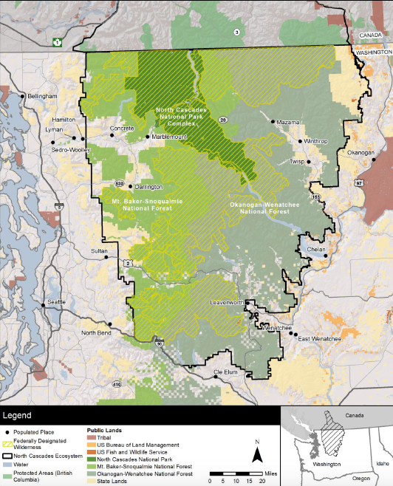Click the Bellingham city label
click(x=43, y=97)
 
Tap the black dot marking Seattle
click(x=44, y=303)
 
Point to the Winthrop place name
click(x=315, y=141)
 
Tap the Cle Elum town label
click(x=228, y=372)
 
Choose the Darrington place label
click(x=148, y=187)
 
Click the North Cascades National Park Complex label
click(x=177, y=116)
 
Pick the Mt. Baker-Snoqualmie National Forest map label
click(x=142, y=204)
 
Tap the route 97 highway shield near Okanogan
click(x=358, y=180)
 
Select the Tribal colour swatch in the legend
click(x=92, y=438)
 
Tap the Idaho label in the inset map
click(x=382, y=463)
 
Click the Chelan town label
click(x=316, y=250)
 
